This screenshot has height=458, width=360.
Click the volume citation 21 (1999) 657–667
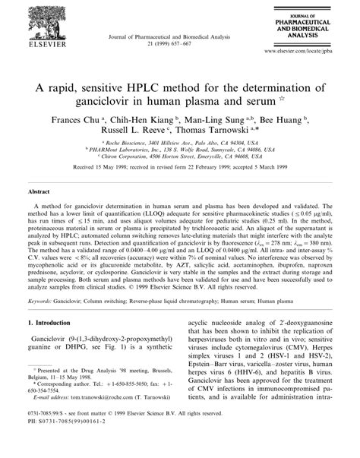pos(179,36)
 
